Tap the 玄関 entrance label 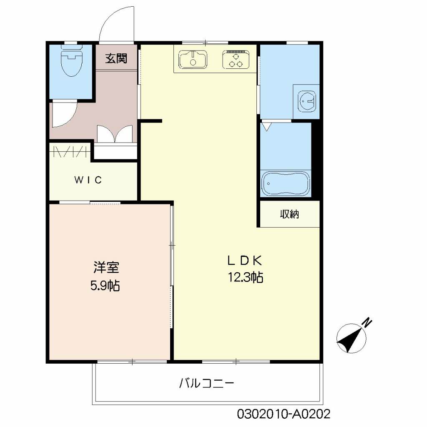click(x=116, y=58)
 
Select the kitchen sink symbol click(x=193, y=59)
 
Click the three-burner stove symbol click(x=236, y=59)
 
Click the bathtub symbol click(x=286, y=183)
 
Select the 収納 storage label click(x=289, y=215)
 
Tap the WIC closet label click(x=88, y=180)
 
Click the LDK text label click(x=244, y=261)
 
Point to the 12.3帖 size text click(x=245, y=277)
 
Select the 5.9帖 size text click(x=105, y=286)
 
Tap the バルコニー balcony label click(x=207, y=383)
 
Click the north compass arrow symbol click(x=352, y=338)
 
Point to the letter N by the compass click(x=367, y=322)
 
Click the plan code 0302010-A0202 click(x=284, y=414)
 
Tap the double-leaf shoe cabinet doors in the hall click(x=115, y=134)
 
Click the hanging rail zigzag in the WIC click(x=70, y=151)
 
